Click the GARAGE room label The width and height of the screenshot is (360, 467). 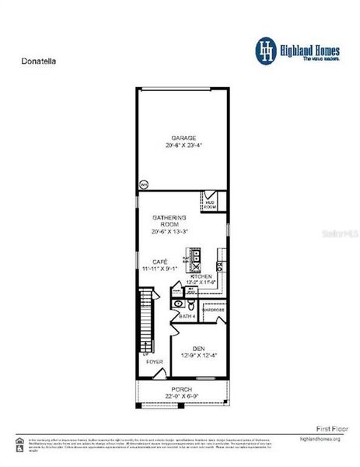pos(183,137)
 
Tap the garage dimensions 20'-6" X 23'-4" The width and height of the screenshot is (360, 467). pos(183,146)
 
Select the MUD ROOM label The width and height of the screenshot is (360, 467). pos(210,205)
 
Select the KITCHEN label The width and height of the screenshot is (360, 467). pos(201,276)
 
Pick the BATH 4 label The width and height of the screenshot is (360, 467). pos(187,317)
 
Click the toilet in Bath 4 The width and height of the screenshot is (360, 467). pos(179,304)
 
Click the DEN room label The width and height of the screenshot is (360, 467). pos(199,348)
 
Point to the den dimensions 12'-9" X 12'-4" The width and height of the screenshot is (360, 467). pos(199,356)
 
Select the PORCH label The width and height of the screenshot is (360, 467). pos(182,388)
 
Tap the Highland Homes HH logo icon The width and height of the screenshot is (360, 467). pos(267,49)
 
